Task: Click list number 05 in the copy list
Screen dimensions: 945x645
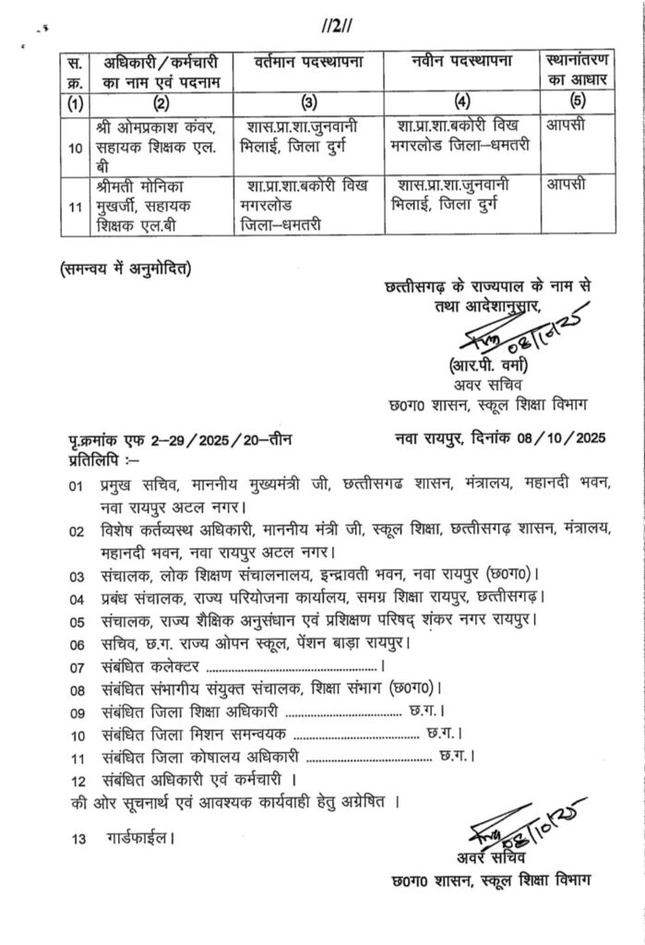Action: coord(77,619)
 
